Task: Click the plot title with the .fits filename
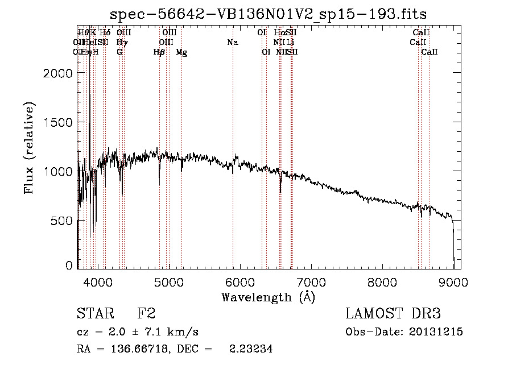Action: point(269,13)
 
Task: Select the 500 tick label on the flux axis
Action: point(63,220)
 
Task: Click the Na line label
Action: point(232,42)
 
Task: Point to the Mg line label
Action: point(181,52)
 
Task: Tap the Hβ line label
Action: point(159,52)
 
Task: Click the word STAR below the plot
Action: point(94,313)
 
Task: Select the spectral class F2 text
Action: point(147,313)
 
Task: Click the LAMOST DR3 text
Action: point(393,313)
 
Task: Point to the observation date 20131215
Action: point(436,332)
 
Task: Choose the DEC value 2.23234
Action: point(250,350)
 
